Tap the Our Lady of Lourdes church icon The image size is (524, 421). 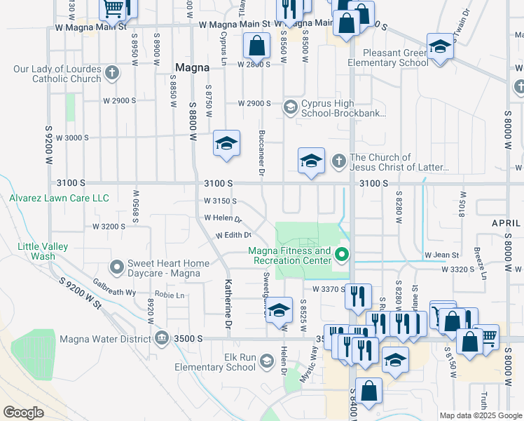tap(112, 72)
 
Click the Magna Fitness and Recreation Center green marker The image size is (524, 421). tap(342, 255)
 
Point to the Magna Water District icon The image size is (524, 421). tap(162, 338)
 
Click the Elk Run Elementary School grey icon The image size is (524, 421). tap(266, 361)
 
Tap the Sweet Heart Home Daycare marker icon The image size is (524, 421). tap(117, 267)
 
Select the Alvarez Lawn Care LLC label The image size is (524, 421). tap(59, 199)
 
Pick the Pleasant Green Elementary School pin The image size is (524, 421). tap(439, 47)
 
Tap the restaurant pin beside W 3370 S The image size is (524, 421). tap(357, 295)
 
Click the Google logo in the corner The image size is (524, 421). tap(23, 413)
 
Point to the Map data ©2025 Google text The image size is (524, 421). tap(480, 415)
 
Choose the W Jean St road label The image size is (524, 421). tap(441, 255)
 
